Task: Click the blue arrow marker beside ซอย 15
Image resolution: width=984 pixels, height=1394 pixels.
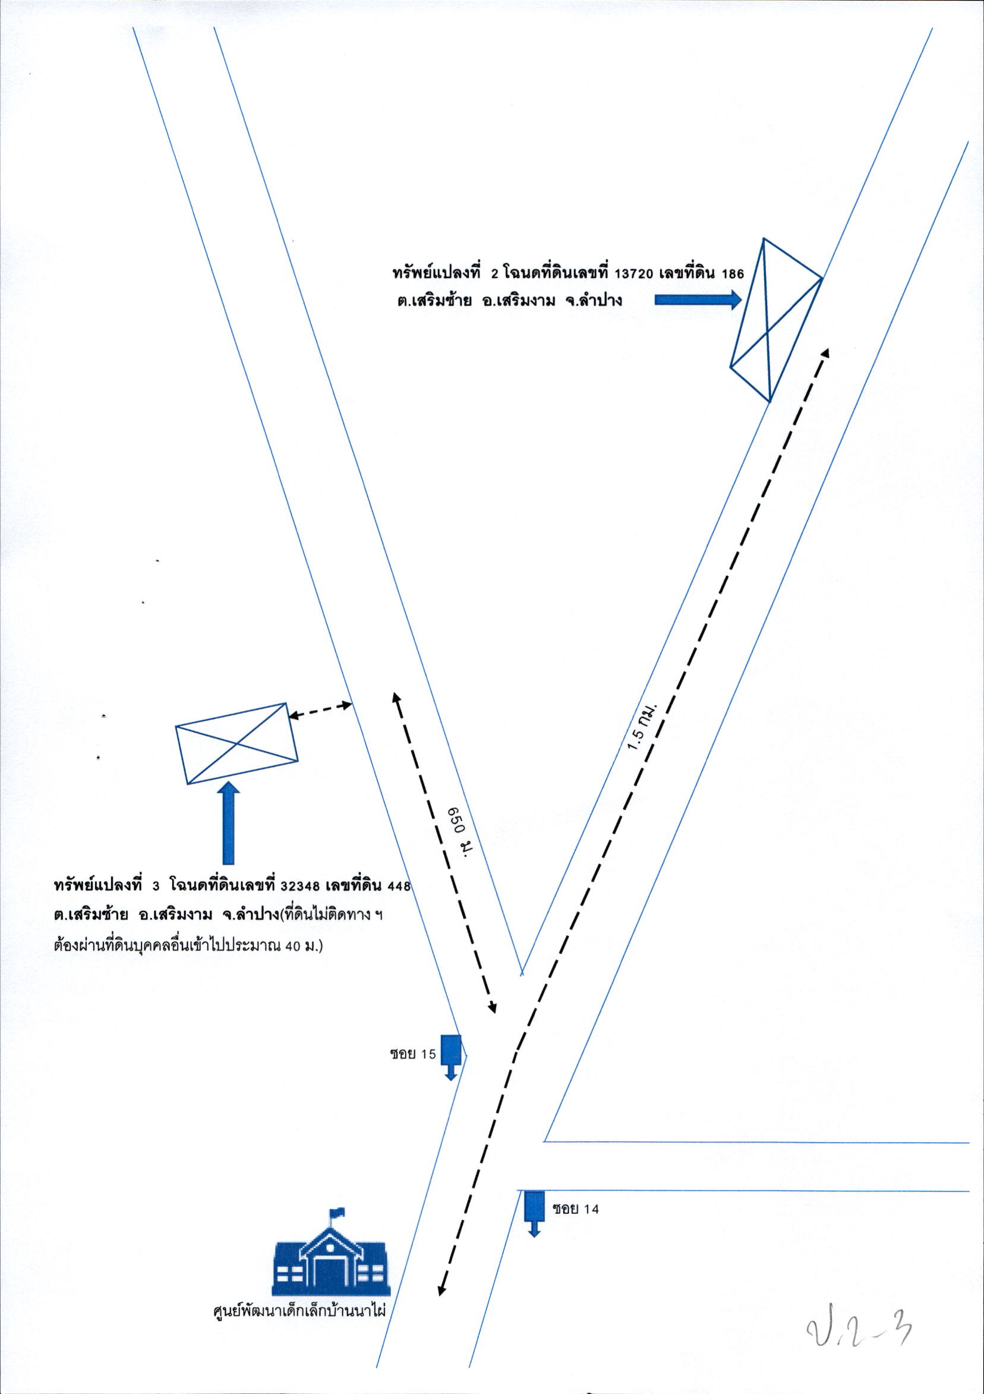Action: [450, 1057]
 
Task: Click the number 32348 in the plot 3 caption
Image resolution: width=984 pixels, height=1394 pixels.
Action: [302, 886]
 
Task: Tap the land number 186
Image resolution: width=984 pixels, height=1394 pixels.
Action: [733, 275]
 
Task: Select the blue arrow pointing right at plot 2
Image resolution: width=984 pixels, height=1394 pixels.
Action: [698, 299]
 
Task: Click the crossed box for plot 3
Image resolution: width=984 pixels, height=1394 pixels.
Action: [236, 743]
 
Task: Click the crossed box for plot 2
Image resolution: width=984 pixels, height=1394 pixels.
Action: [776, 320]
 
